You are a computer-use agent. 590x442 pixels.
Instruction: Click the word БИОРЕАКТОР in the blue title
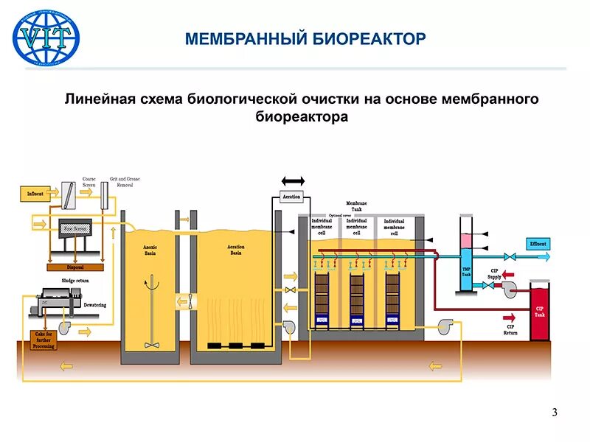point(367,38)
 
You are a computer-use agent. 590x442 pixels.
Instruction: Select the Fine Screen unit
point(76,229)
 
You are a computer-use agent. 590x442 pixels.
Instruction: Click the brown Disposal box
point(74,267)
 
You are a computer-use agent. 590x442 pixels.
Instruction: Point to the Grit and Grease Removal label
point(125,182)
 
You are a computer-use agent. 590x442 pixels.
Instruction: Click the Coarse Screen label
point(88,182)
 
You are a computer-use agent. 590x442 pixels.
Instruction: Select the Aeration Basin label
point(236,250)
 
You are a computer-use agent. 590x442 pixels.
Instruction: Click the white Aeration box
point(291,197)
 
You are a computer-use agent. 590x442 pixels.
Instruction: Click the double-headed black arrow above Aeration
point(292,180)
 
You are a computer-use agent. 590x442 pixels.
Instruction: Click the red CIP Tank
point(540,312)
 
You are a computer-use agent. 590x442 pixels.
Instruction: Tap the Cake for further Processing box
point(44,340)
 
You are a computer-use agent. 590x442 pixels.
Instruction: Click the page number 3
point(554,412)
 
